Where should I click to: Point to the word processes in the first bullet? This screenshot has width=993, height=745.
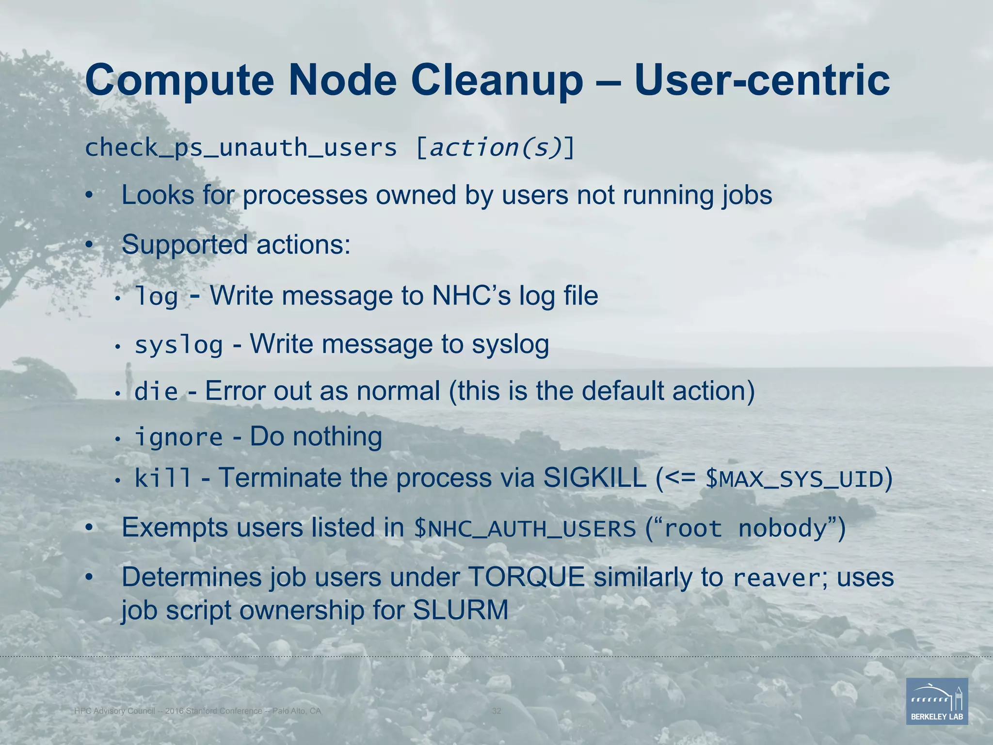click(305, 195)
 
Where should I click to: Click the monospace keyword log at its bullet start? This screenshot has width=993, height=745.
click(156, 296)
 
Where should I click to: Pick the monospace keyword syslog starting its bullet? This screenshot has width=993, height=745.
click(178, 345)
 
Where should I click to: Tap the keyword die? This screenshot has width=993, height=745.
click(156, 391)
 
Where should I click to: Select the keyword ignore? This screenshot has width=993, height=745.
click(178, 437)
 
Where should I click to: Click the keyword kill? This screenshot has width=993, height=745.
click(163, 478)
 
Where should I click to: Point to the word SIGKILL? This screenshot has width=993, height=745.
click(594, 478)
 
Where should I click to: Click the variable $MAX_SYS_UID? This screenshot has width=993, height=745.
click(794, 479)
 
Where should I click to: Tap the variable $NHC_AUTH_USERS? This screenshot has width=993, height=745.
click(525, 529)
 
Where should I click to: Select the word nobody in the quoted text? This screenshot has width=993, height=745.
click(782, 528)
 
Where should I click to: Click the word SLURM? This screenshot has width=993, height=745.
click(460, 610)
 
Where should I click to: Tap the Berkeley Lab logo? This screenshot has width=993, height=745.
click(937, 701)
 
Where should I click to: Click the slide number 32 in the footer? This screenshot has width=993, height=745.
click(496, 711)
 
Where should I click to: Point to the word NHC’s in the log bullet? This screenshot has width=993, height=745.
click(471, 295)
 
